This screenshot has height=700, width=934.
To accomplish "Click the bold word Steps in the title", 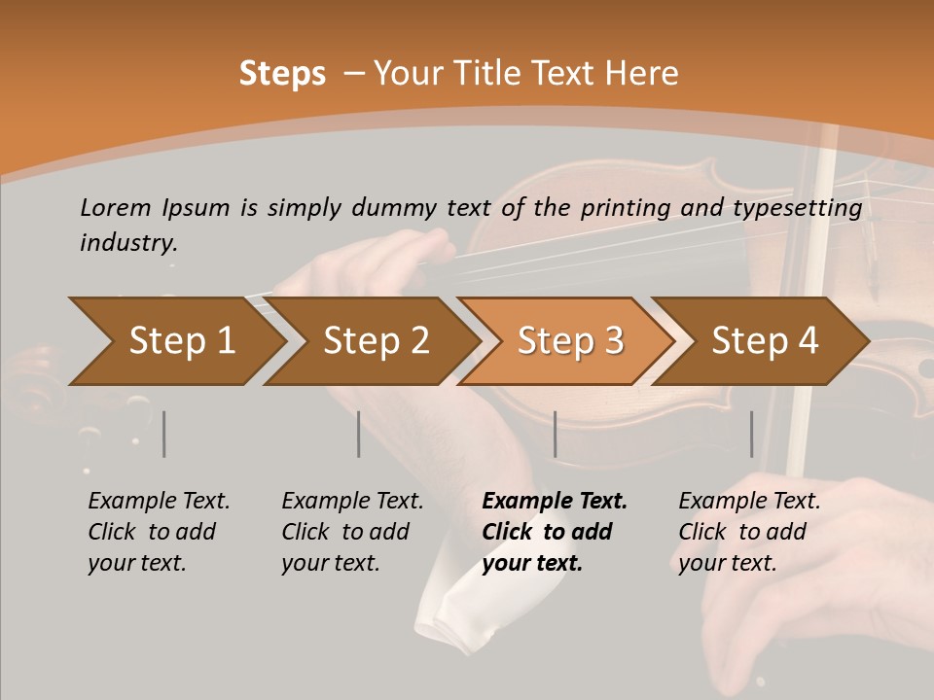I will tap(282, 74).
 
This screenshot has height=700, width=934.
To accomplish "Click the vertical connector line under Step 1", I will tap(163, 434).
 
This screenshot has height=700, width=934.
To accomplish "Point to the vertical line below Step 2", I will tap(358, 434).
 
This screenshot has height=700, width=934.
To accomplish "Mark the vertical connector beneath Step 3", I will tap(555, 434).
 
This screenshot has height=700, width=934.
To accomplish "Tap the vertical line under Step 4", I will tap(751, 434).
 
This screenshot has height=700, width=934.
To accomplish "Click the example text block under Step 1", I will tap(159, 532).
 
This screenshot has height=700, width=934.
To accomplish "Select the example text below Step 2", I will tap(352, 532).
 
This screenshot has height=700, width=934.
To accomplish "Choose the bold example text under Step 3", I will tap(555, 532).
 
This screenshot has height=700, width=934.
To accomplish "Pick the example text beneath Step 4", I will tap(749, 532).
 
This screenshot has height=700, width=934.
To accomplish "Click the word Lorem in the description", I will tap(116, 207).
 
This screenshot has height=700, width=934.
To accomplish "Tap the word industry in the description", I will tap(128, 243).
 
